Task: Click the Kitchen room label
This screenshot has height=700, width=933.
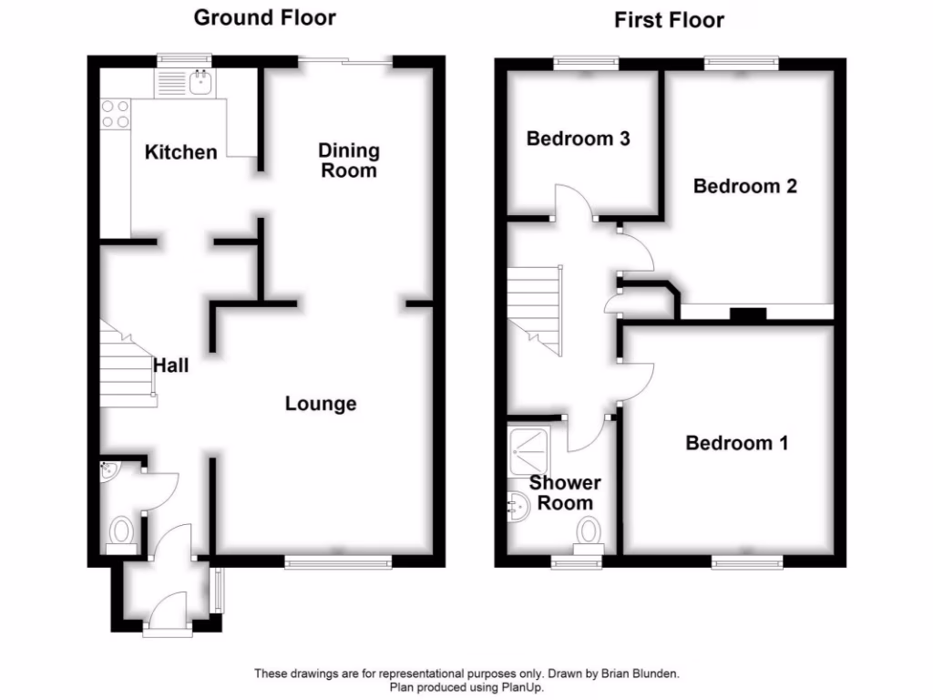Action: point(180,152)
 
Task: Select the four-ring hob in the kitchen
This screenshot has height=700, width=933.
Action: point(116,113)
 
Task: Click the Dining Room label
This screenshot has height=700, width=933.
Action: point(349,160)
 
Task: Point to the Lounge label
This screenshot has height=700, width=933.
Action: point(321,404)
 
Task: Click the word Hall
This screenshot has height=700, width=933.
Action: point(171,365)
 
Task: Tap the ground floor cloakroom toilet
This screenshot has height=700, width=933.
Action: point(121,531)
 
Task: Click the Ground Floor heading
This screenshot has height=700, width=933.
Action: point(265,17)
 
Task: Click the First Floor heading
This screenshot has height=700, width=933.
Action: point(669,20)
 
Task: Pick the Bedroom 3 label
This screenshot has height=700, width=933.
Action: point(579,139)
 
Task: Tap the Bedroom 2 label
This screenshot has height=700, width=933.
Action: point(745,186)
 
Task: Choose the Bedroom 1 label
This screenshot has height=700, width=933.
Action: point(737,444)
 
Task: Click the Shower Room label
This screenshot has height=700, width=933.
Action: point(565,493)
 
